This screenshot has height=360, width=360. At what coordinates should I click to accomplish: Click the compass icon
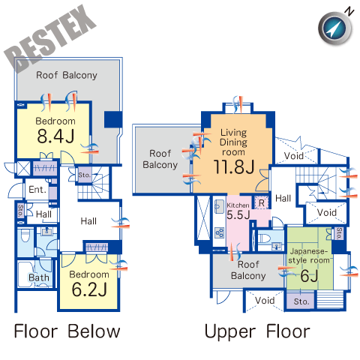click(x=335, y=28)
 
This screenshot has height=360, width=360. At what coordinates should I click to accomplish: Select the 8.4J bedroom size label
click(x=55, y=136)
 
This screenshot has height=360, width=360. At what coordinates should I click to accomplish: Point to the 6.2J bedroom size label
click(x=89, y=289)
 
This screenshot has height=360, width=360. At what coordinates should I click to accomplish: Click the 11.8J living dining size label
click(x=234, y=166)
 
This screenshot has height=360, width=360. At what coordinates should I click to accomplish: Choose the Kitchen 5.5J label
click(x=238, y=211)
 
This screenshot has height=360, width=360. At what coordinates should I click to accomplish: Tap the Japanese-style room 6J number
click(x=309, y=276)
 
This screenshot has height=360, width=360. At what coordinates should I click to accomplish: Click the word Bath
click(x=39, y=277)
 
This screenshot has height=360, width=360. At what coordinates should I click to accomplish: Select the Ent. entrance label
click(x=37, y=190)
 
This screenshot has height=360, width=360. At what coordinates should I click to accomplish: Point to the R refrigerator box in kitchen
click(x=262, y=202)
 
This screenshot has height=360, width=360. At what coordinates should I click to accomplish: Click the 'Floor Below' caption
click(x=67, y=331)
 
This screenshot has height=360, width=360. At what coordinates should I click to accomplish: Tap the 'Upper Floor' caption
click(x=257, y=332)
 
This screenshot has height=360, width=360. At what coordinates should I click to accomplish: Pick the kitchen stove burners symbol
click(x=220, y=232)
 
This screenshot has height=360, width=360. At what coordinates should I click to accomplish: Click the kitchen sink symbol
click(x=219, y=206)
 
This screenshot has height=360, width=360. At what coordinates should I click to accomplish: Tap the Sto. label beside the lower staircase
click(x=84, y=175)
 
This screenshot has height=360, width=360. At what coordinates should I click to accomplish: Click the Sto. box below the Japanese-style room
click(x=300, y=301)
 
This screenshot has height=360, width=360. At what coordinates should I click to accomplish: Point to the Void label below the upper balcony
click(x=265, y=300)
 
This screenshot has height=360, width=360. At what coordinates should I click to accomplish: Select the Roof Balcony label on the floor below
click(x=67, y=75)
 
